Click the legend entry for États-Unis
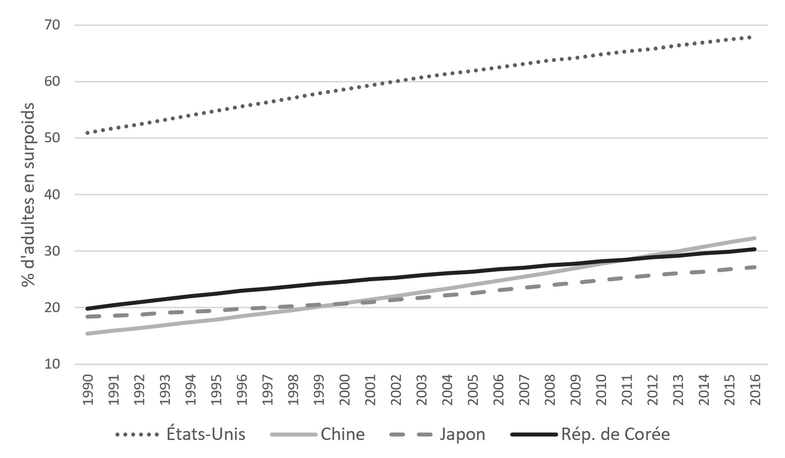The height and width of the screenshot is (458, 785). (205, 434)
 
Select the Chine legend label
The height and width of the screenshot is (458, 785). (342, 434)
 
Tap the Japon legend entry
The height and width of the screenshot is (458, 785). (462, 434)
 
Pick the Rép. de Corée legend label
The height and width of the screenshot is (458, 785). (615, 434)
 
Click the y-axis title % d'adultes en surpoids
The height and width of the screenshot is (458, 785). (28, 194)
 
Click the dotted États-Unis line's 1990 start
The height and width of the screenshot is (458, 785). (88, 133)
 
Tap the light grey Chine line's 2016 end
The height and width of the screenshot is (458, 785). (755, 238)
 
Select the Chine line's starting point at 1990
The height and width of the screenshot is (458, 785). (88, 333)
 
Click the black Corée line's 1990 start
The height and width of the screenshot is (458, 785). (88, 309)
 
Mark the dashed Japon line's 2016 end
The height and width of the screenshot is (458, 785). (755, 267)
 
